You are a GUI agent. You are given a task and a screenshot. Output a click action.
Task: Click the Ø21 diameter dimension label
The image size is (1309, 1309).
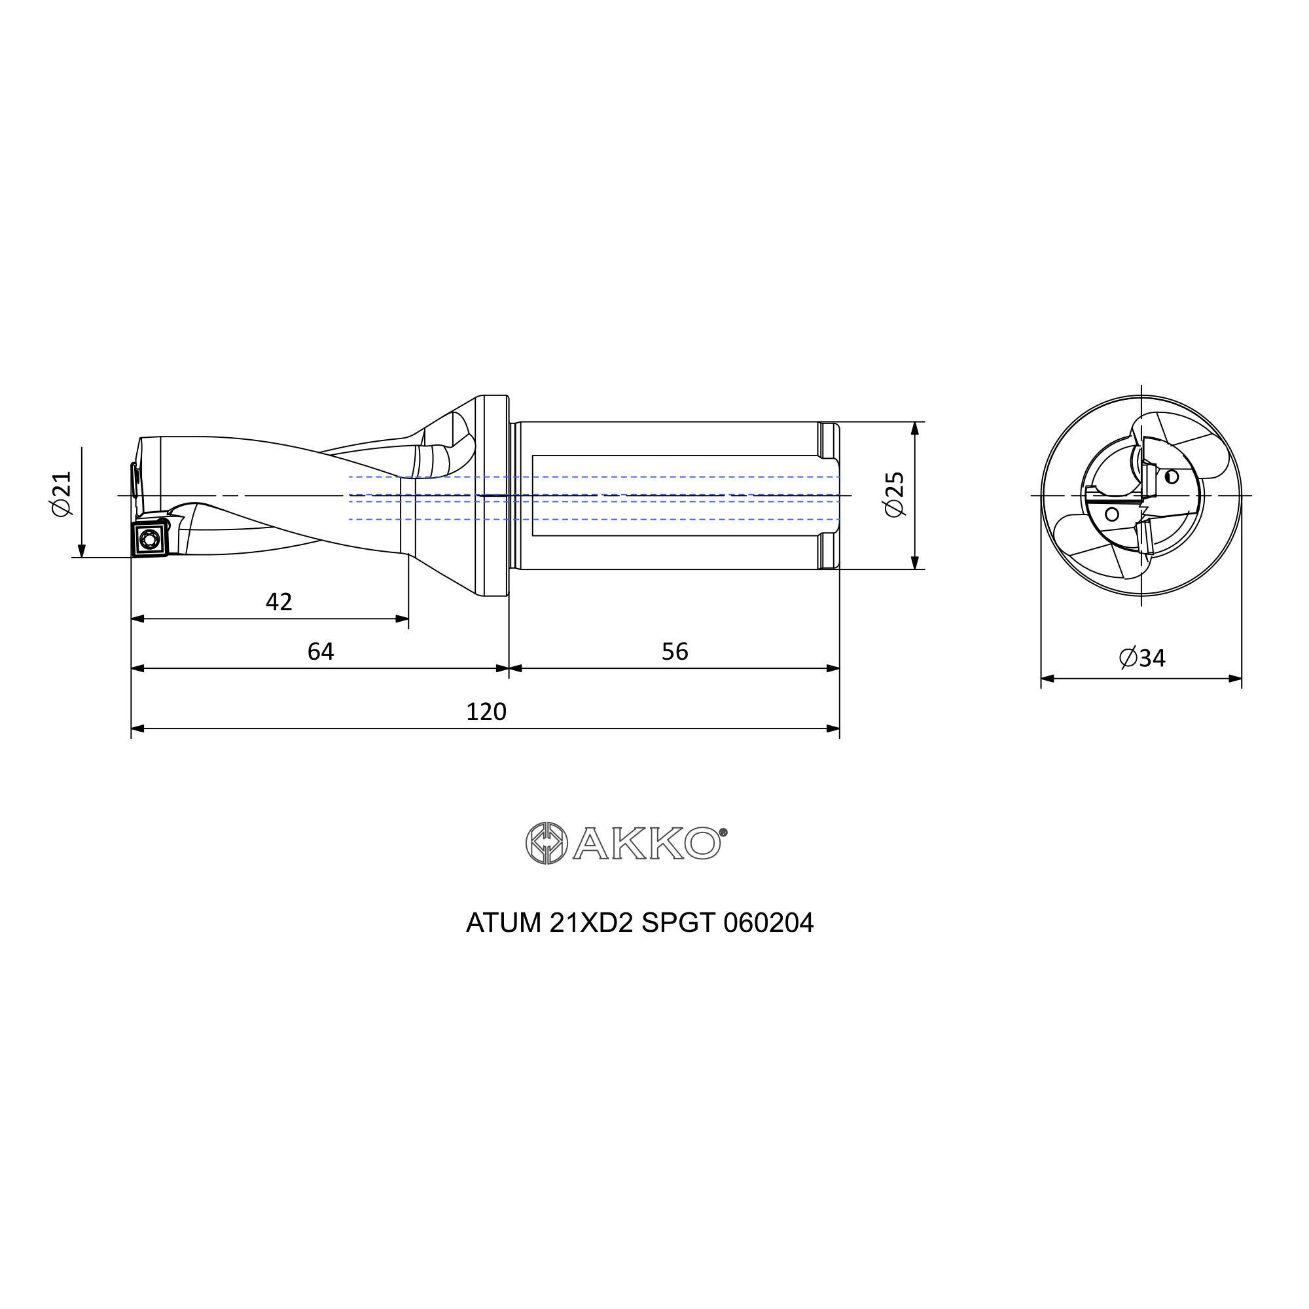62,494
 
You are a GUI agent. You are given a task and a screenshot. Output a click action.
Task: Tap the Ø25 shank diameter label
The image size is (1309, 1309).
894,495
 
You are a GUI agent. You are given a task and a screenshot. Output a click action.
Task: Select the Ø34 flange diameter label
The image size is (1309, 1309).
1142,658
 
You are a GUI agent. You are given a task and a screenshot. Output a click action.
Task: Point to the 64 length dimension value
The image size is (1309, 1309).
321,651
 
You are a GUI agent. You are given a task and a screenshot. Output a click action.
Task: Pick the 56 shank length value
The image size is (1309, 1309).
675,651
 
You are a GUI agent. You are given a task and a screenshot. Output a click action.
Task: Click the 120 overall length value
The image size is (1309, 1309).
486,711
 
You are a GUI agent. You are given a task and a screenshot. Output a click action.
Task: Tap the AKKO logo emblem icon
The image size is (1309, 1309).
546,843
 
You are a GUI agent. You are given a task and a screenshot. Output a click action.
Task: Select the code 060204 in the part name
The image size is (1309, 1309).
768,923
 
